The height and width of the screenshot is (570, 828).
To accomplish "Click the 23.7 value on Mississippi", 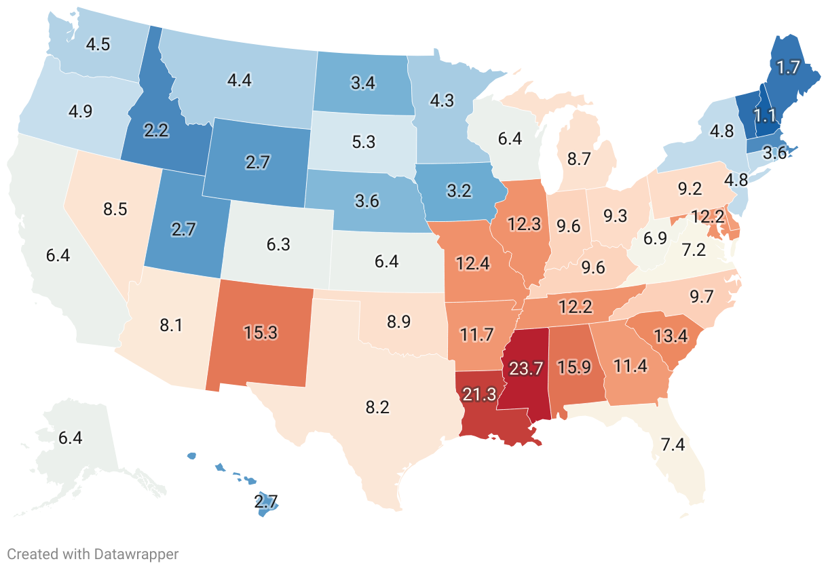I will (525, 369).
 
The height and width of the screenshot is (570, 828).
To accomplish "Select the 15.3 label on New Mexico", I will (261, 332).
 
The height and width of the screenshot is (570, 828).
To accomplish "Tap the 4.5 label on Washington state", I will (98, 44).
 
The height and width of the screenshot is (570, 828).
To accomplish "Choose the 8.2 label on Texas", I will (377, 407).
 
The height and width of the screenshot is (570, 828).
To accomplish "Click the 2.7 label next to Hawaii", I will (266, 503).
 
